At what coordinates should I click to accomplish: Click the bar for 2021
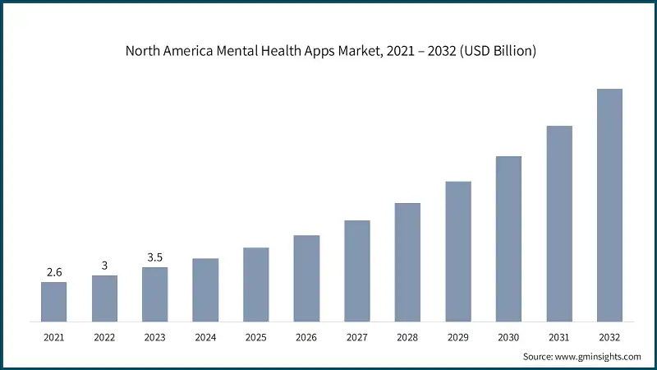coord(53,302)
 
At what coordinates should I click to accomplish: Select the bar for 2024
coord(205,289)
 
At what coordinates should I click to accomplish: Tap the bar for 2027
coord(357,271)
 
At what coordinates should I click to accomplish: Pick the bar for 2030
coord(508,238)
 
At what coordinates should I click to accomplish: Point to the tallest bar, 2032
coord(609,205)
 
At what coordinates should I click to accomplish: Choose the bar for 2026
coord(306,278)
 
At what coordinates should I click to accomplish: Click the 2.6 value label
coord(53,271)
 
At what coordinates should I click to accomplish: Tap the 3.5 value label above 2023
coord(154,257)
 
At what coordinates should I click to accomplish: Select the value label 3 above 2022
coord(104,265)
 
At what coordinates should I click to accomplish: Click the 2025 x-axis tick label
coord(255,337)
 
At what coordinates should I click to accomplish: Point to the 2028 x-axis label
coord(407,337)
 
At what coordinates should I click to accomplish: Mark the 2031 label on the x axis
coord(559,337)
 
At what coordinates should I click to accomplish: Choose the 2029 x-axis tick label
coord(458,337)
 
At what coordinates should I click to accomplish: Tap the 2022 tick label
coord(104,337)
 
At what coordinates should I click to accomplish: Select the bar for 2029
coord(458,251)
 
